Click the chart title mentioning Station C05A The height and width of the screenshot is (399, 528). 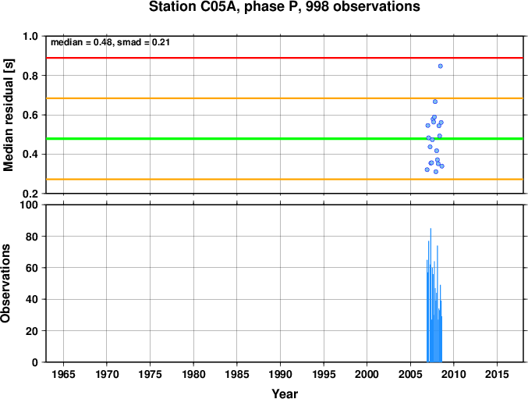pyautogui.click(x=285, y=7)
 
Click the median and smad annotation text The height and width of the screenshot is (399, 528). pyautogui.click(x=110, y=42)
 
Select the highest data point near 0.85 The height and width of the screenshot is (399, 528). pyautogui.click(x=440, y=66)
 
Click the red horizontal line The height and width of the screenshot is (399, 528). pyautogui.click(x=285, y=58)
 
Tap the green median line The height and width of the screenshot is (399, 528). pyautogui.click(x=285, y=138)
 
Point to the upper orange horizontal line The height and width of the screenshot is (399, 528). pyautogui.click(x=285, y=98)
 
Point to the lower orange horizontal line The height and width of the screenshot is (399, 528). pyautogui.click(x=285, y=180)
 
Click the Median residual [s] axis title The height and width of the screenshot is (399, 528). pyautogui.click(x=8, y=115)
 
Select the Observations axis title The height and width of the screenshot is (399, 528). pyautogui.click(x=5, y=283)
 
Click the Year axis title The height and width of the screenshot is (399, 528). pyautogui.click(x=285, y=394)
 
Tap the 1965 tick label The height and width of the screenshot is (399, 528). pyautogui.click(x=63, y=374)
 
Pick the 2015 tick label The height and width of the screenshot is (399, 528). pyautogui.click(x=497, y=374)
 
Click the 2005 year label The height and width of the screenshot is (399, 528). pyautogui.click(x=410, y=374)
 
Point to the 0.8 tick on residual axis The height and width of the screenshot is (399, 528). pyautogui.click(x=30, y=76)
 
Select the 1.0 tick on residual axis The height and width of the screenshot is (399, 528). pyautogui.click(x=30, y=36)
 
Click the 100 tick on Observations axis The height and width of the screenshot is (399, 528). pyautogui.click(x=29, y=205)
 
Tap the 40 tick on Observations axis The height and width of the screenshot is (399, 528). pyautogui.click(x=32, y=299)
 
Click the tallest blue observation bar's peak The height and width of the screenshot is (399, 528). pyautogui.click(x=431, y=229)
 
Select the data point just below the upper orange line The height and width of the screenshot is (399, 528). pyautogui.click(x=435, y=102)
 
